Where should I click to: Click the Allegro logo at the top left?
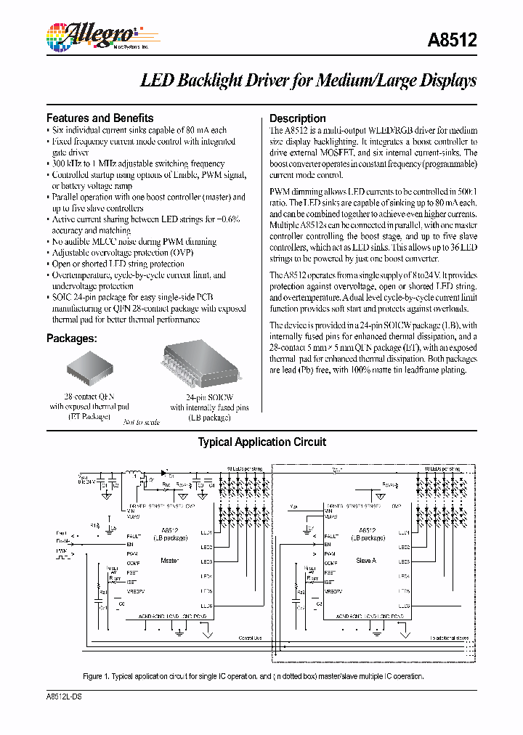(90, 36)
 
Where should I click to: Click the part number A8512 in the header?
(455, 41)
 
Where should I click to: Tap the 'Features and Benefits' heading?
(100, 118)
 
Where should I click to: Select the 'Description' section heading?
(298, 118)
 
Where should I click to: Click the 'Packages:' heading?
(72, 338)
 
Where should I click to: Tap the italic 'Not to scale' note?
(140, 422)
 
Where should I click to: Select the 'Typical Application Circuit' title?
(262, 442)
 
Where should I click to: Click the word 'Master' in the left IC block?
(170, 560)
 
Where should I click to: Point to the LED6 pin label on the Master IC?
(206, 606)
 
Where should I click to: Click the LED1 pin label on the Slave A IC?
(404, 533)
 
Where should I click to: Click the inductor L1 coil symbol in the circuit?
(134, 474)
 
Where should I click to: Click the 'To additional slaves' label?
(450, 638)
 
